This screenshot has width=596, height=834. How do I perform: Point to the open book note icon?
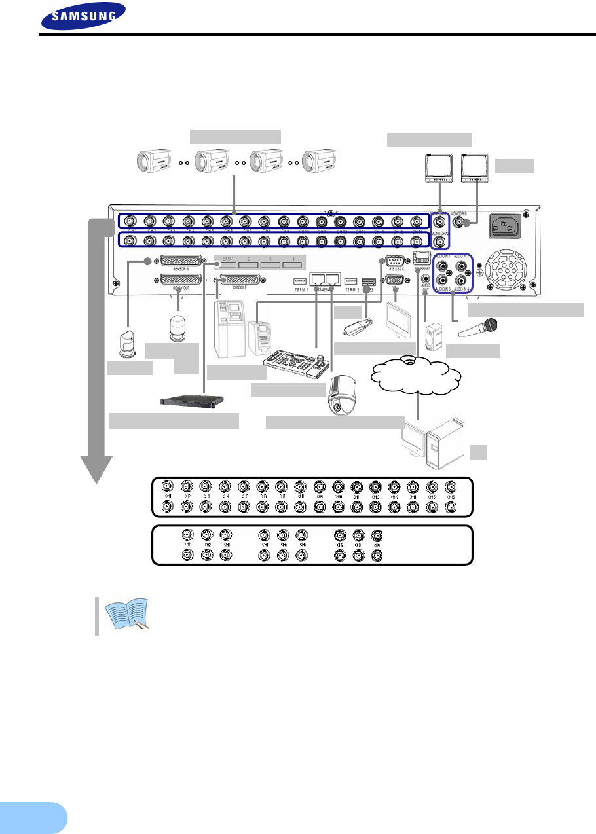click(132, 613)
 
